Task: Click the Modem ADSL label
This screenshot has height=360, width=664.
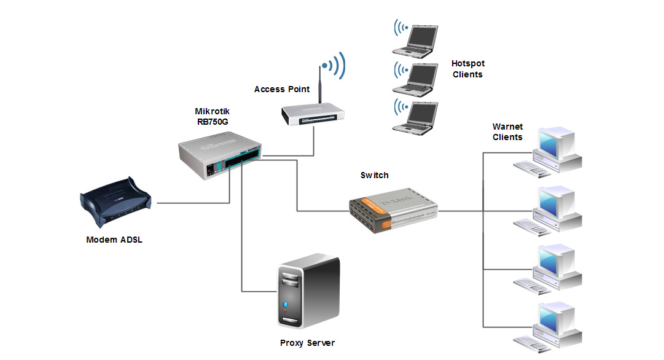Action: (x=114, y=240)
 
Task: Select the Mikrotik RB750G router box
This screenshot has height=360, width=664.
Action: (x=218, y=157)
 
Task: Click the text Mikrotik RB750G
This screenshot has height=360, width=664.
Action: (x=213, y=117)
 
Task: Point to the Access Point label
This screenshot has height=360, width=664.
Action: (x=282, y=89)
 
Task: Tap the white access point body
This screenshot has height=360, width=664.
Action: (x=313, y=113)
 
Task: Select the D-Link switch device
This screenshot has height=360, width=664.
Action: (x=393, y=209)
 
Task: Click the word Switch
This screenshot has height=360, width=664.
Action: (x=374, y=175)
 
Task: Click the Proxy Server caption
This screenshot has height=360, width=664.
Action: (x=307, y=343)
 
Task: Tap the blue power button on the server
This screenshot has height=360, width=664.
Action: (x=285, y=305)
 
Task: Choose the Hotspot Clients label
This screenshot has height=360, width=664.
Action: (x=468, y=69)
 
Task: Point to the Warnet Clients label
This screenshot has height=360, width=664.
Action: (x=507, y=131)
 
